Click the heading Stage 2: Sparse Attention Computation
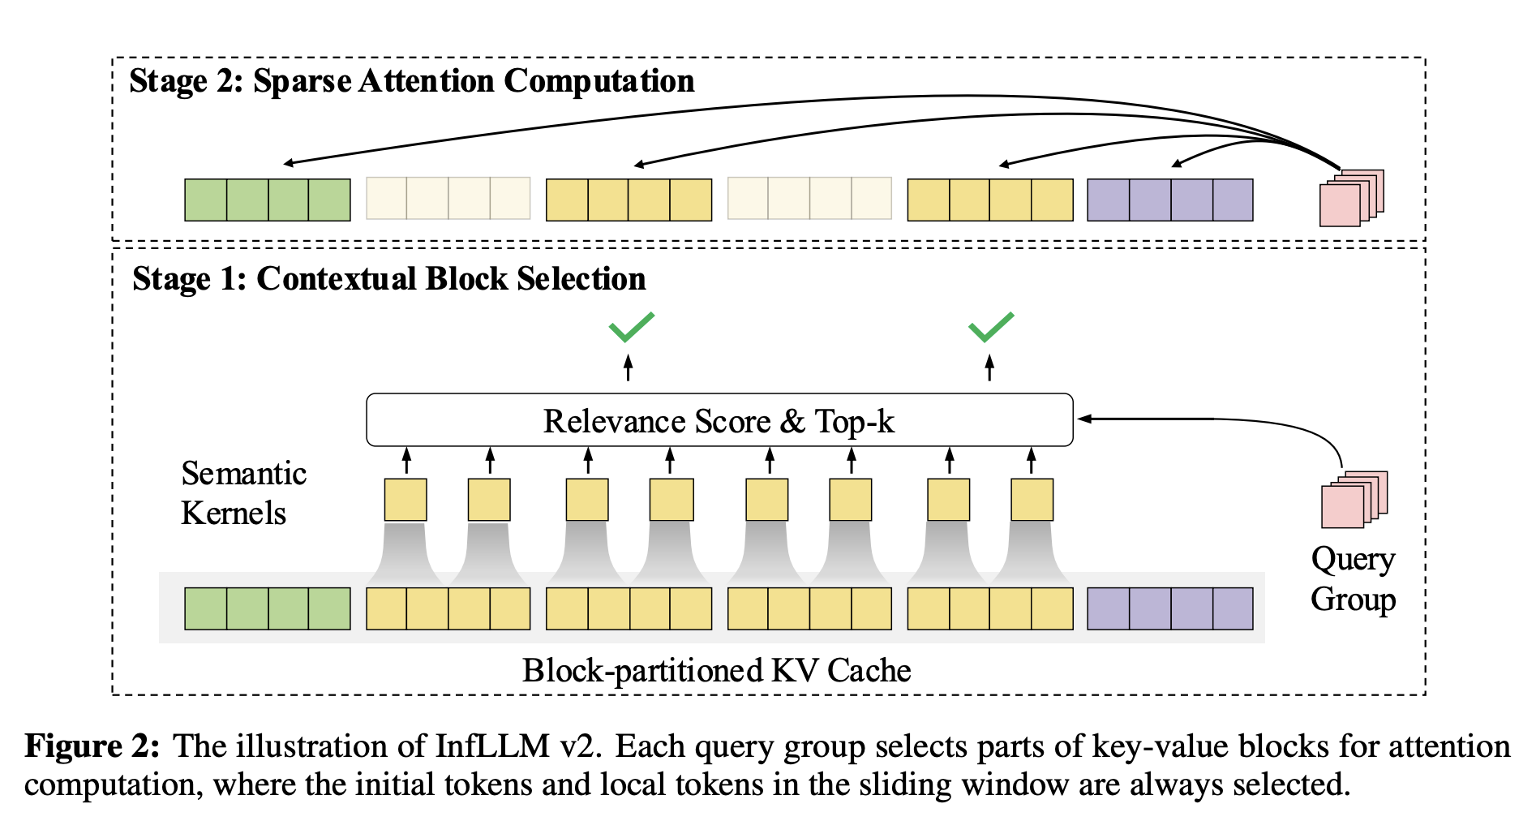pos(411,81)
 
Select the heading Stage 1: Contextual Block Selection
pos(388,278)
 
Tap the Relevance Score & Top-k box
pos(719,420)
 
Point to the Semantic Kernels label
pos(243,493)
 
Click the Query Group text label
pos(1353,579)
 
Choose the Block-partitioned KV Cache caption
pos(716,671)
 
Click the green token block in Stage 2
pos(268,200)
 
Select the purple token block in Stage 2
pos(1169,200)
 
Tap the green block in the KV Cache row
pos(268,608)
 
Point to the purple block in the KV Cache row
pos(1169,608)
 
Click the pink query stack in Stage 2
pos(1351,198)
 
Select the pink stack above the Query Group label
pos(1354,499)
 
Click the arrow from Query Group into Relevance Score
pos(1216,419)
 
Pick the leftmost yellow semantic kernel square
pos(405,500)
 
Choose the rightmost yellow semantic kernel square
pos(1032,500)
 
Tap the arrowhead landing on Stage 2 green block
pos(289,163)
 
